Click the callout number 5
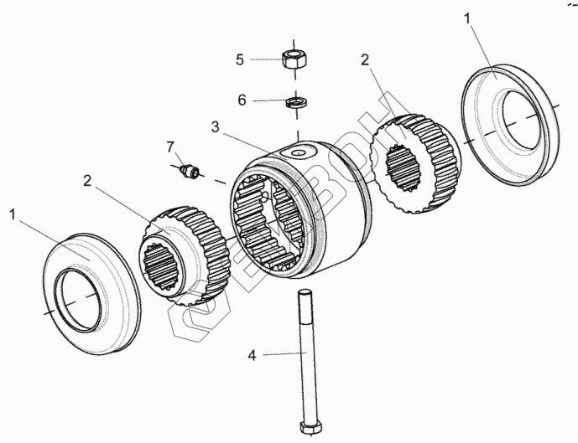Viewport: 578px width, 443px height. pos(239,59)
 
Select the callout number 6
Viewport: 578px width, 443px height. pos(242,100)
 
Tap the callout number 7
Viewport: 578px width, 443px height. pos(170,147)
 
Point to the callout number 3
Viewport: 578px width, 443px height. pos(216,127)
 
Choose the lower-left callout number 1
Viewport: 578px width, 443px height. pos(13,214)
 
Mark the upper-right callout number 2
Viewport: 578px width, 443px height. pos(365,59)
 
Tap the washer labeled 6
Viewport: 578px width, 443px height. pos(295,102)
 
